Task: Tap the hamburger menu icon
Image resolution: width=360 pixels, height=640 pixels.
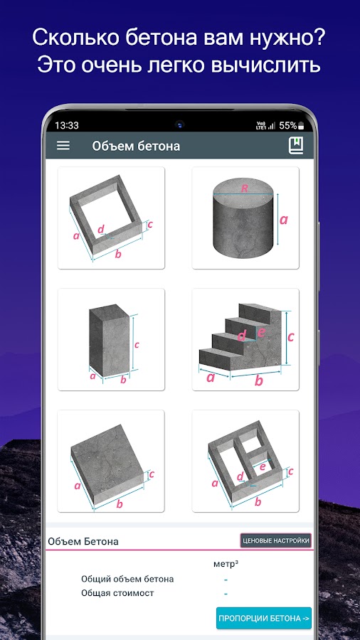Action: click(63, 146)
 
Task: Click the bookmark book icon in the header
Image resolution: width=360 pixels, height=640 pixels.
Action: click(296, 146)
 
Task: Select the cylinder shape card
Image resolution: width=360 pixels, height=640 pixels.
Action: click(245, 218)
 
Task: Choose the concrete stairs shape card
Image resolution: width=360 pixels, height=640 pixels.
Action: click(245, 339)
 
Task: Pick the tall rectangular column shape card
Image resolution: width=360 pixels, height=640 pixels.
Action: click(111, 339)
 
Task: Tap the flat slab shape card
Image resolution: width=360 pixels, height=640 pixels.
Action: click(111, 461)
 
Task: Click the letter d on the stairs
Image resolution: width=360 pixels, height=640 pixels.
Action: click(242, 336)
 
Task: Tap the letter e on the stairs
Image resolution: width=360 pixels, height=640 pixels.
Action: click(261, 332)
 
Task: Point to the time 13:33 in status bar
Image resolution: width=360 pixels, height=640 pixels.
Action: click(67, 125)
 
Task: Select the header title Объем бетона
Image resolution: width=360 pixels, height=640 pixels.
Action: click(136, 146)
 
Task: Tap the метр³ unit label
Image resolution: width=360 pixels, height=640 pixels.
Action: click(226, 564)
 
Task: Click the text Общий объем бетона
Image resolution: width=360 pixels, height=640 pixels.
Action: click(127, 579)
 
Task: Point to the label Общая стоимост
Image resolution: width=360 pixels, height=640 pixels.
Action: click(117, 593)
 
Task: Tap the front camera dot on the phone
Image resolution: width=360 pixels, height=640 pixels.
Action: click(180, 124)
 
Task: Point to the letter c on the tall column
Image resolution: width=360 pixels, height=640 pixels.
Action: click(137, 345)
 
